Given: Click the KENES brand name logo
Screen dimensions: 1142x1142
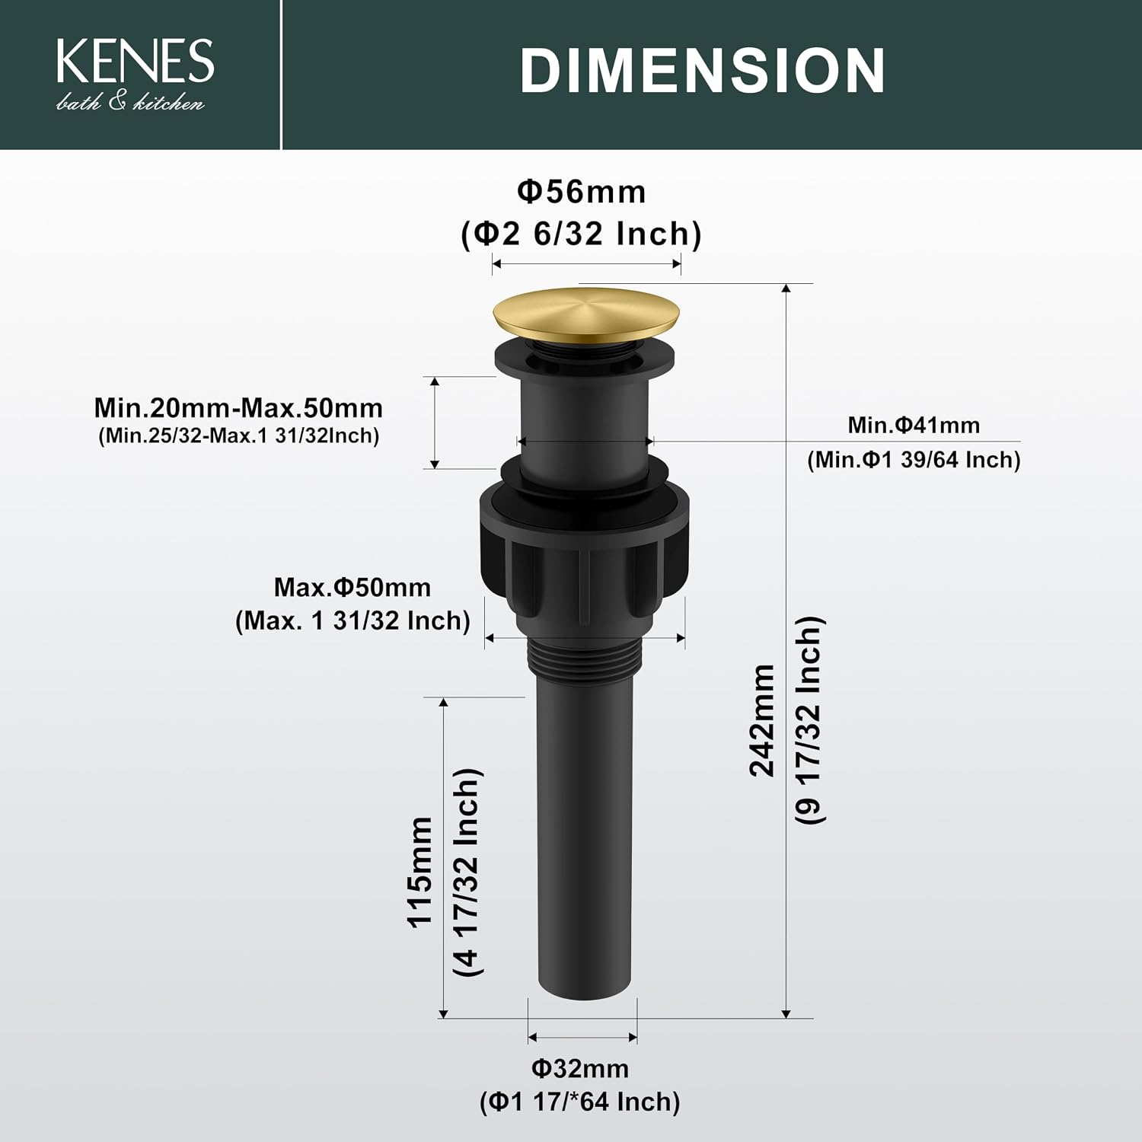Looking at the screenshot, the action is tap(136, 61).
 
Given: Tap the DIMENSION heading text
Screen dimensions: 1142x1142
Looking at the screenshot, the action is tap(703, 71).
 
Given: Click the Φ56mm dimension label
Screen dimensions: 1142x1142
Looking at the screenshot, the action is tap(582, 192).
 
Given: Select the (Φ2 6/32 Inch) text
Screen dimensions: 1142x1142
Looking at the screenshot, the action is tap(582, 234).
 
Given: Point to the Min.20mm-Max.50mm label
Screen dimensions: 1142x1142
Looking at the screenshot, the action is tap(238, 408).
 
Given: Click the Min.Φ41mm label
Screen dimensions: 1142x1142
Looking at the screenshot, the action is tap(914, 425).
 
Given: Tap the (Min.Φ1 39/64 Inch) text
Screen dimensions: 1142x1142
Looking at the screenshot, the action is tap(914, 460).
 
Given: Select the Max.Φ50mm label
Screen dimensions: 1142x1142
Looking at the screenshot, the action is tap(352, 587).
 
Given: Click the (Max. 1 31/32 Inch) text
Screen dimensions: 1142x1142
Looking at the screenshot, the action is tap(352, 620).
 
